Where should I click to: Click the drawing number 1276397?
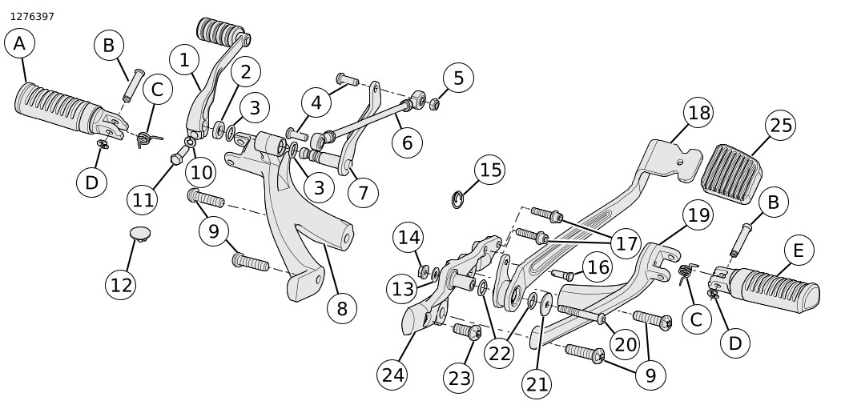click(32, 16)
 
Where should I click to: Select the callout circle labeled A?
click(19, 44)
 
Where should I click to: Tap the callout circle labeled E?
click(798, 251)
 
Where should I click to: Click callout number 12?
click(121, 284)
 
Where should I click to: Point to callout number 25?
click(779, 126)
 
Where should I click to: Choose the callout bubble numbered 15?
click(490, 170)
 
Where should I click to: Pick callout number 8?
click(342, 309)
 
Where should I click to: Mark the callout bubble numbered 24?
click(392, 374)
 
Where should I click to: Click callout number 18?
click(699, 113)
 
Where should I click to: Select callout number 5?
click(458, 78)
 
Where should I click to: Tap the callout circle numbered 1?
click(184, 59)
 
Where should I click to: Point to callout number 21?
click(537, 384)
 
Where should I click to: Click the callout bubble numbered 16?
click(598, 267)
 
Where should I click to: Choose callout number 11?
click(143, 199)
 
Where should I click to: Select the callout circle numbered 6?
click(407, 143)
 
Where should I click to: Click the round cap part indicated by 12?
click(140, 233)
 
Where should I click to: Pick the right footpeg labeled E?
click(773, 288)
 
